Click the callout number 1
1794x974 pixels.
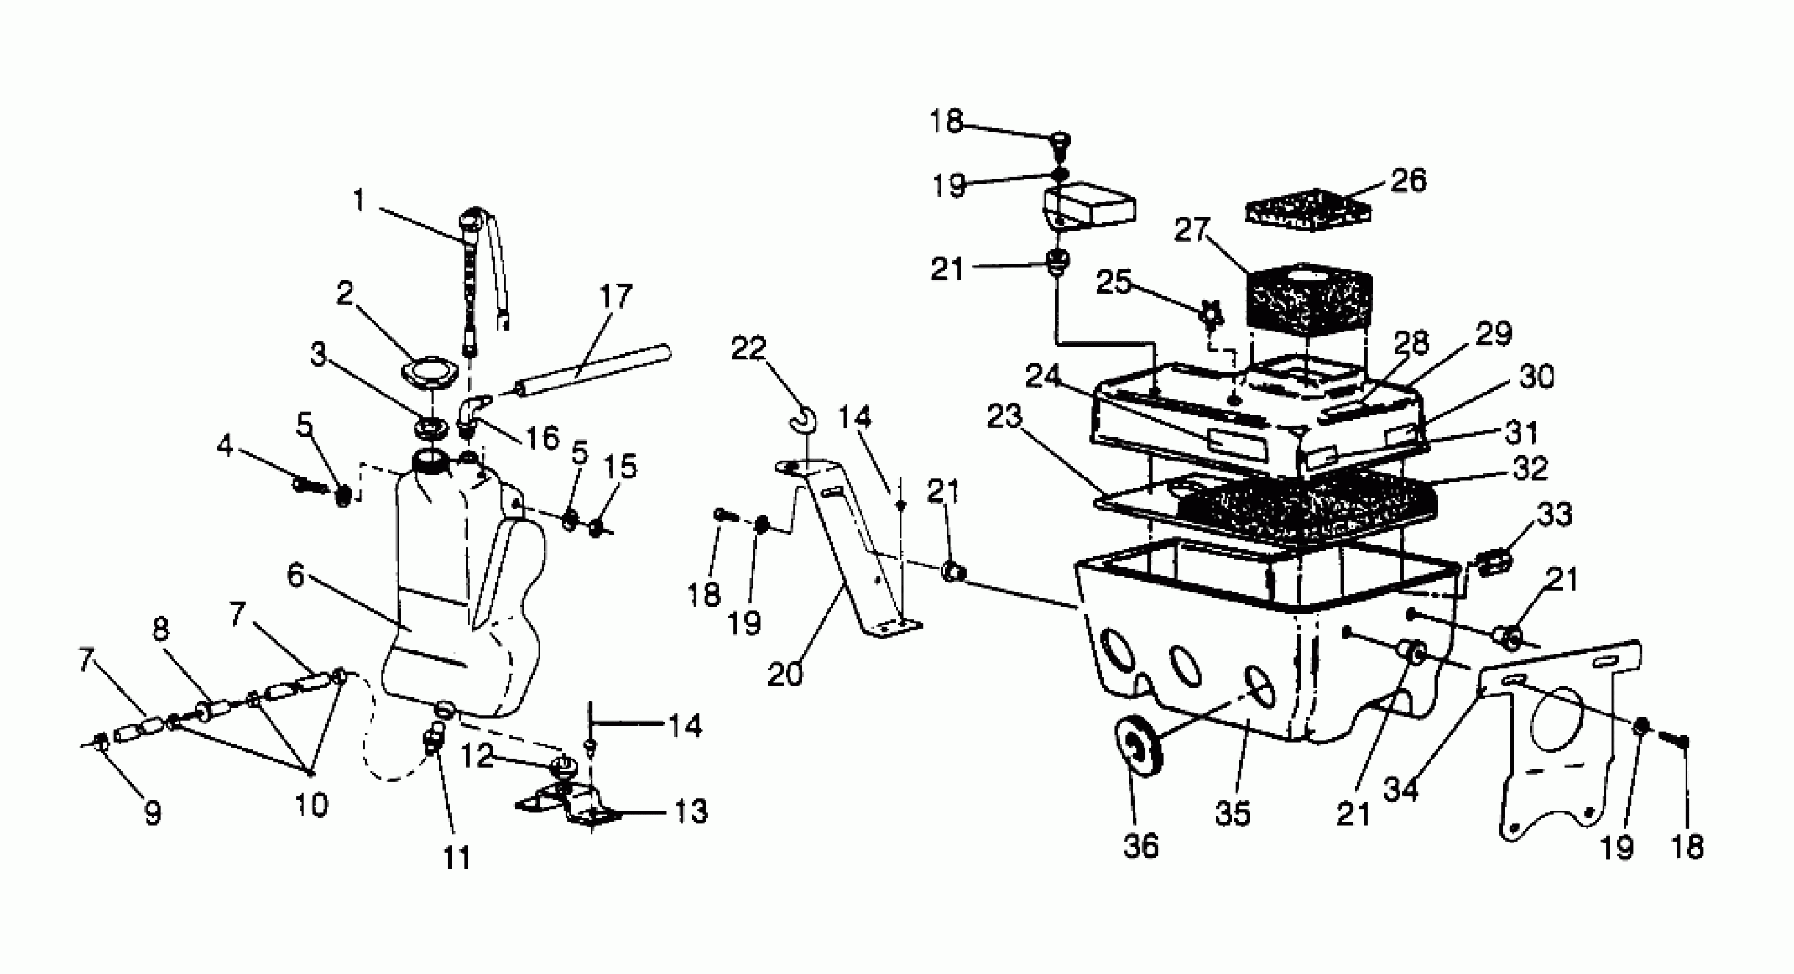pyautogui.click(x=359, y=201)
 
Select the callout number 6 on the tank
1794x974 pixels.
pyautogui.click(x=296, y=576)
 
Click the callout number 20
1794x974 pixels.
pyautogui.click(x=786, y=674)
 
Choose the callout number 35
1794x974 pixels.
pyautogui.click(x=1232, y=812)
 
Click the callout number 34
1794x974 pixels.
pyautogui.click(x=1400, y=790)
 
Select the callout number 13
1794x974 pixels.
pyautogui.click(x=691, y=811)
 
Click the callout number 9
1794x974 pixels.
pyautogui.click(x=153, y=812)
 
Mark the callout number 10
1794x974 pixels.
pyautogui.click(x=311, y=806)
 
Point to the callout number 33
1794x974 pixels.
pyautogui.click(x=1554, y=515)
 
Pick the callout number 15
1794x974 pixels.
pyautogui.click(x=620, y=467)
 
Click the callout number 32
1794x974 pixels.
pyautogui.click(x=1530, y=469)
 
